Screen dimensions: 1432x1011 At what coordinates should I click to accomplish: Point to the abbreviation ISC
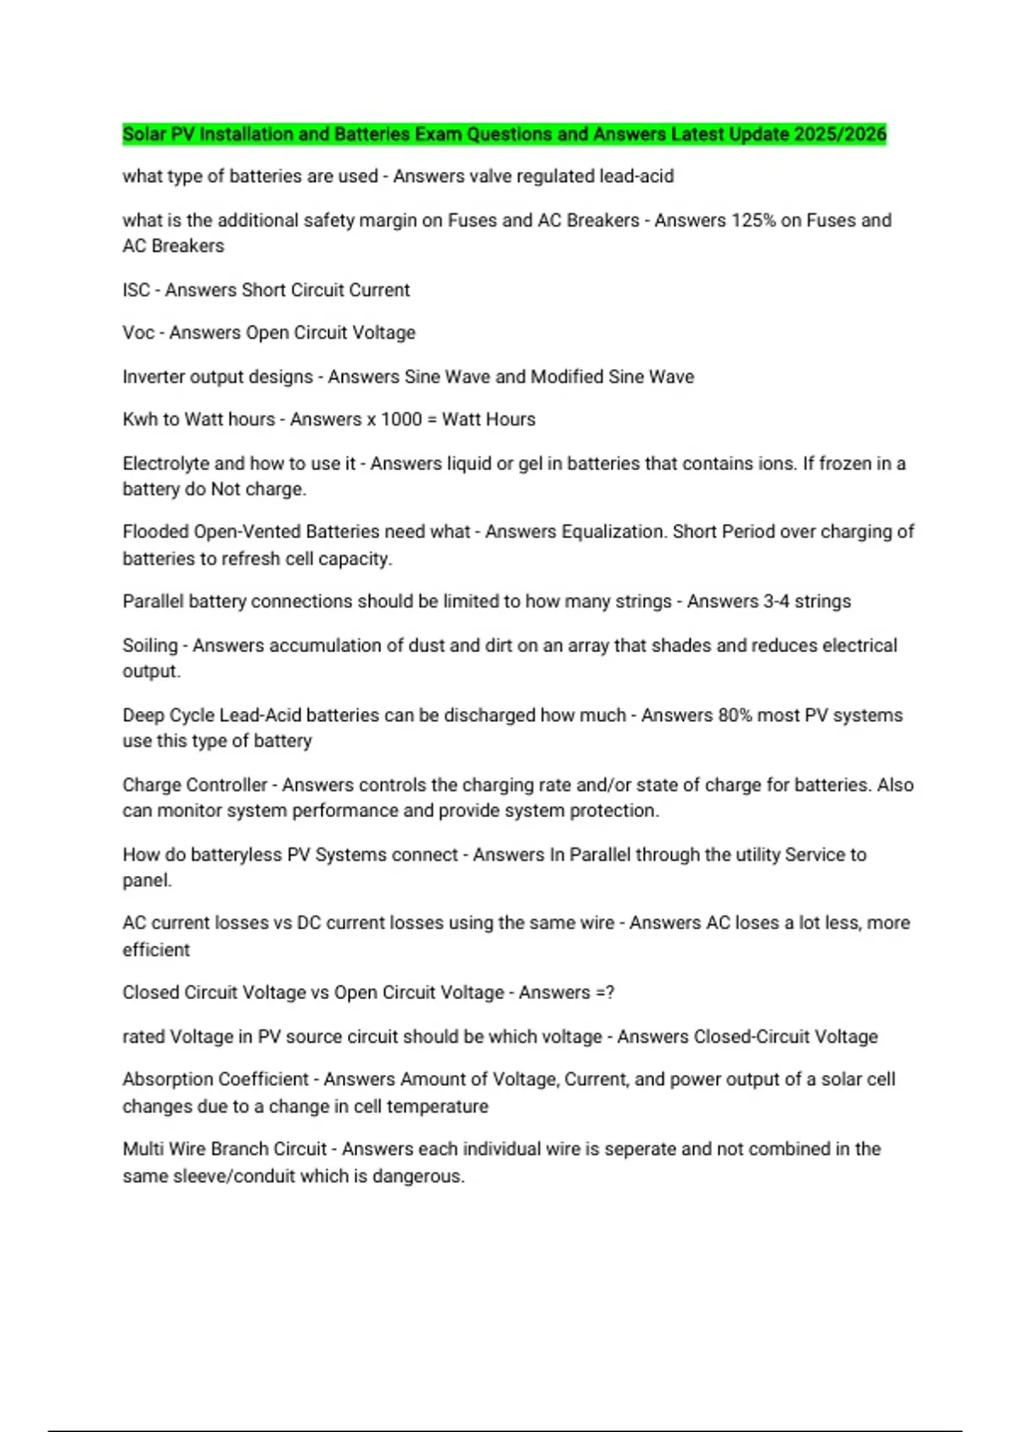136,290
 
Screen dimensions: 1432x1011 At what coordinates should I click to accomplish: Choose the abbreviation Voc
138,333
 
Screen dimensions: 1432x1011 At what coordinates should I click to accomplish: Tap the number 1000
401,419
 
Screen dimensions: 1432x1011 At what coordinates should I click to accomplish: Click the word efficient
156,949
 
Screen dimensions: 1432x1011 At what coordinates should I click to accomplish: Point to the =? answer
604,992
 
